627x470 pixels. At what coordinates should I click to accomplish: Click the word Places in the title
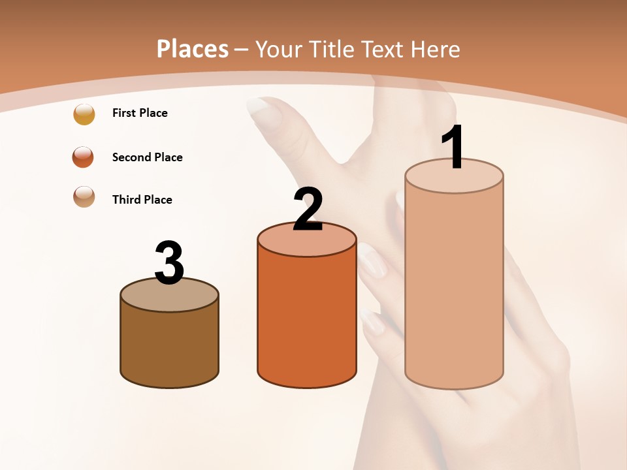pos(193,49)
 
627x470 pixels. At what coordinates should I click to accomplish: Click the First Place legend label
pos(140,113)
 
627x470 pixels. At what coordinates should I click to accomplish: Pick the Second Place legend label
pos(147,157)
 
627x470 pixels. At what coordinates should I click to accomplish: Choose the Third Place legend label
pos(142,200)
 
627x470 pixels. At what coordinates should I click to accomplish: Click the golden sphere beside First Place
pos(84,114)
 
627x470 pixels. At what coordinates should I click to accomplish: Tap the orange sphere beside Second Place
pos(84,157)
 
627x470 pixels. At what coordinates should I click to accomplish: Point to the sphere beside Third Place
pos(84,196)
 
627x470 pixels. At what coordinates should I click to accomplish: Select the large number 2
pos(308,209)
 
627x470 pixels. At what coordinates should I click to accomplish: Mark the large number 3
pos(170,262)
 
